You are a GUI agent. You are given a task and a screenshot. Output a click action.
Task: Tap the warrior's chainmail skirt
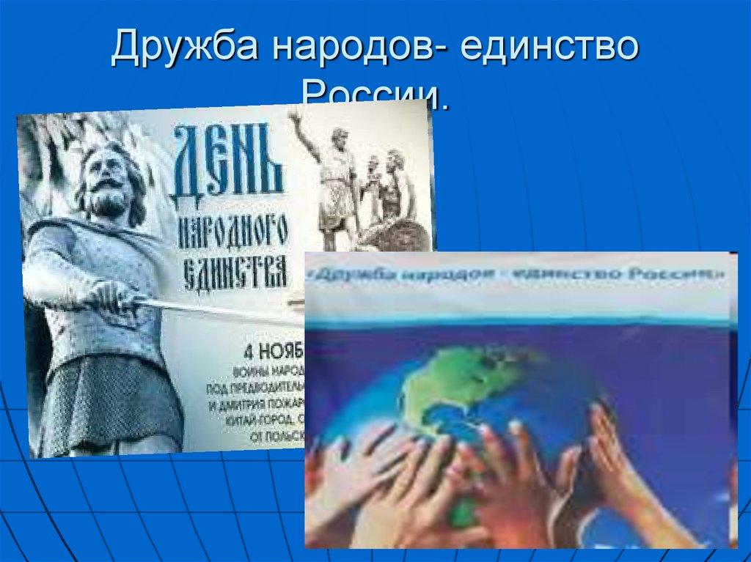(110, 396)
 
